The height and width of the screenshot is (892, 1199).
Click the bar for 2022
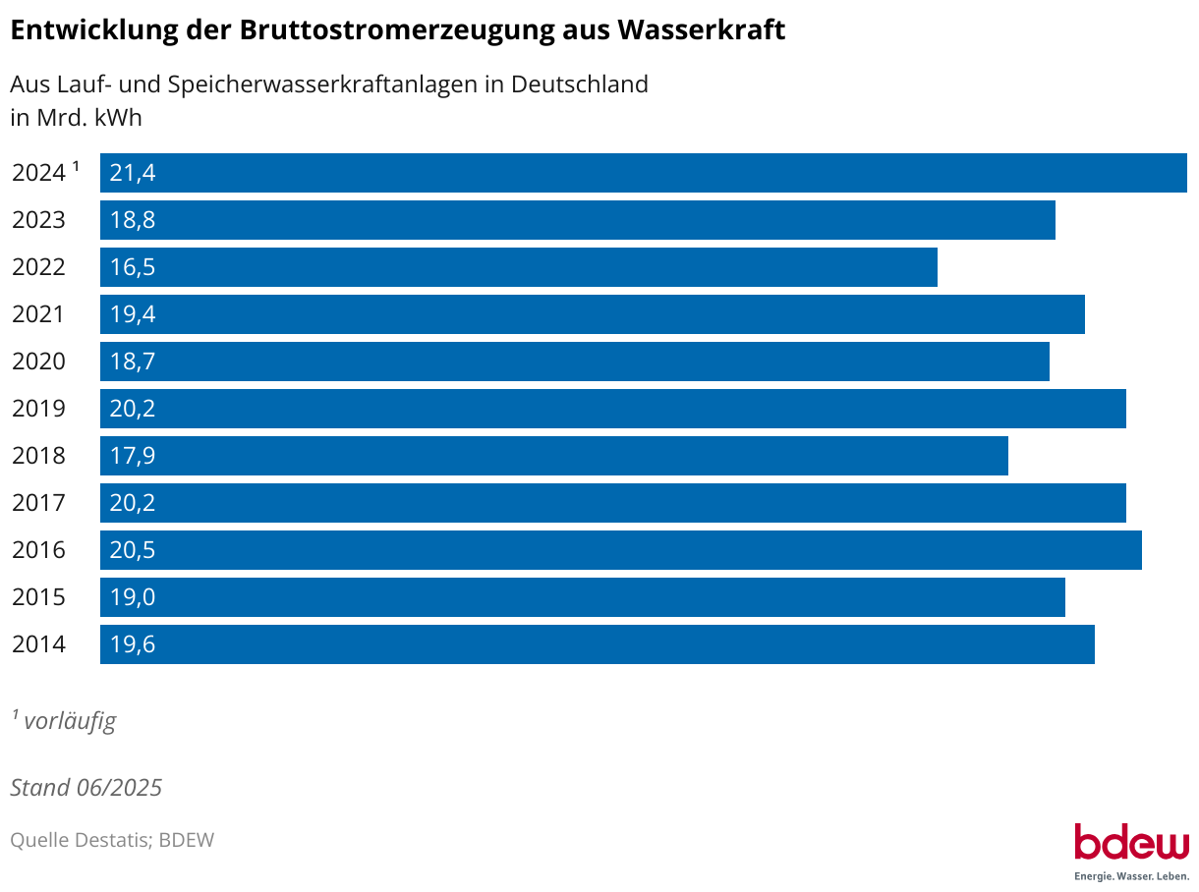519,267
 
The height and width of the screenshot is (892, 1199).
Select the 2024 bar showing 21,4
644,173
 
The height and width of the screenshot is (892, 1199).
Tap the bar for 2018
554,456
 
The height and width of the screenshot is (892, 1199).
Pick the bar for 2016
621,550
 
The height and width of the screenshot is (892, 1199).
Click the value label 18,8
133,220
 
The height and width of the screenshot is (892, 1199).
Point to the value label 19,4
133,314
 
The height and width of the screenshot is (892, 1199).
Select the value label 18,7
133,362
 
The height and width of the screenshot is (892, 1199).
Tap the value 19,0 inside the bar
133,597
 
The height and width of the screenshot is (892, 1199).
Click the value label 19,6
133,644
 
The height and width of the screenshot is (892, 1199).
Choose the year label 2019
39,409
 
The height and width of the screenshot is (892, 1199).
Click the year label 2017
39,503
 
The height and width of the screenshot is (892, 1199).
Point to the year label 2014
39,644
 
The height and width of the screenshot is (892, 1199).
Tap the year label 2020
39,362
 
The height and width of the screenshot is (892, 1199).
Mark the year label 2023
39,220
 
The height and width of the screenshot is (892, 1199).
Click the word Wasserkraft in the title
701,30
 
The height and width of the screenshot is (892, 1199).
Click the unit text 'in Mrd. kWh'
77,118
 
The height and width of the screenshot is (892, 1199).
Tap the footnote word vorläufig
70,721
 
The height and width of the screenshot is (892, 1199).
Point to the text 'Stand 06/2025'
86,788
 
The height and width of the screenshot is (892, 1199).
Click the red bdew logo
1131,843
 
